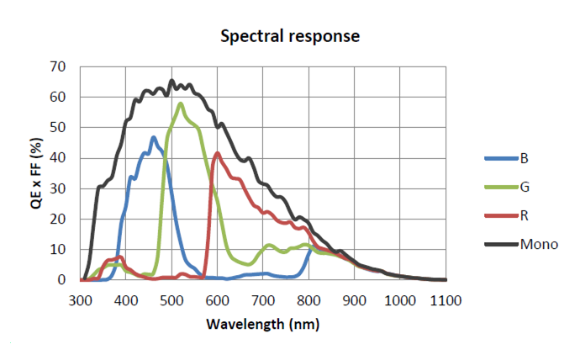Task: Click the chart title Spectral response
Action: (290, 36)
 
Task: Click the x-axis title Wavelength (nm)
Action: (262, 324)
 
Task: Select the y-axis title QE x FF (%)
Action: (36, 173)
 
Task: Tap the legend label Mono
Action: (539, 244)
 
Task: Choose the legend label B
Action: (525, 158)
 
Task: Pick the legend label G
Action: (525, 187)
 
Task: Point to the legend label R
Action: (525, 215)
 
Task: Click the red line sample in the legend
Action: (501, 215)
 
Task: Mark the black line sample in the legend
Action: (501, 244)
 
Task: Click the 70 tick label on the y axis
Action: (57, 67)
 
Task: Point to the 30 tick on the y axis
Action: (57, 188)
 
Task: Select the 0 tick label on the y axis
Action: (61, 280)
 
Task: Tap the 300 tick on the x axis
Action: (80, 300)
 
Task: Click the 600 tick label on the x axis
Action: (217, 300)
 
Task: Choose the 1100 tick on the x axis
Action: (446, 300)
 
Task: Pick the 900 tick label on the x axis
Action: (354, 300)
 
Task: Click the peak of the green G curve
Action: (181, 103)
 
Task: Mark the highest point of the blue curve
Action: (154, 138)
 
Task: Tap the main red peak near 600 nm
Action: (218, 153)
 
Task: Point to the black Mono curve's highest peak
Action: (171, 80)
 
